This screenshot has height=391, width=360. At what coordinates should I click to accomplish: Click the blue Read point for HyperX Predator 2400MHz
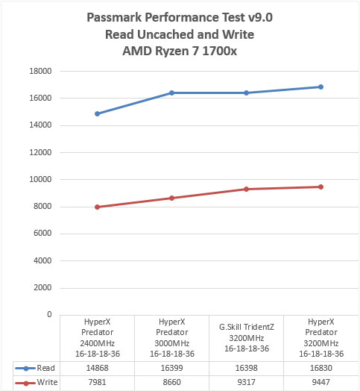tap(98, 113)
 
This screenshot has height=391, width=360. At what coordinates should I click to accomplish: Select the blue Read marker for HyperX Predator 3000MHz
tap(171, 93)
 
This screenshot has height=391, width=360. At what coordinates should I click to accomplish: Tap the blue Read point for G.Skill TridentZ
tap(247, 93)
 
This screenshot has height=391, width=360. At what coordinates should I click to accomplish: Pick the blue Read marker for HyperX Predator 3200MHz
tap(321, 87)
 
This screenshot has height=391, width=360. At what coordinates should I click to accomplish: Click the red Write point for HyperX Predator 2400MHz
tap(98, 207)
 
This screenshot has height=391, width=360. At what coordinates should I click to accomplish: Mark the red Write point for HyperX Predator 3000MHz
tap(171, 198)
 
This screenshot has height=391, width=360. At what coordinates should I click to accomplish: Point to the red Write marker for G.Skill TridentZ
tap(247, 189)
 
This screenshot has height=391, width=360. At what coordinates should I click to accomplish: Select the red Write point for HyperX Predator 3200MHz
tap(321, 187)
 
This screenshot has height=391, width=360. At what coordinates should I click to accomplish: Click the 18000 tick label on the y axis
tap(40, 71)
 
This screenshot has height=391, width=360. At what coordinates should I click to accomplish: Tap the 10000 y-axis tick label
tap(40, 179)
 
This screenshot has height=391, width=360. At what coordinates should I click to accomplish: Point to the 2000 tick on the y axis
tap(42, 287)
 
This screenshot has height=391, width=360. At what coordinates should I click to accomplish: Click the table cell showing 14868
tap(98, 368)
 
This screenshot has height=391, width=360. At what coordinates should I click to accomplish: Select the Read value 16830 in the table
tap(321, 368)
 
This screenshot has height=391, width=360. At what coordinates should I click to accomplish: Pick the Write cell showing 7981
tap(98, 382)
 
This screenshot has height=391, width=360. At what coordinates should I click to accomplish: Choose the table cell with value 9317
tap(247, 382)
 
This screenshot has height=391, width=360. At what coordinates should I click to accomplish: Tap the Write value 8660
tap(172, 382)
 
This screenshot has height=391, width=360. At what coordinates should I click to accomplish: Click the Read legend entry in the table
tap(35, 368)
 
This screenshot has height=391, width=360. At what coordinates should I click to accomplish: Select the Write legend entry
tap(37, 382)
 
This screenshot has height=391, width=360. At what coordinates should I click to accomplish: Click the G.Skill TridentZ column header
tap(247, 338)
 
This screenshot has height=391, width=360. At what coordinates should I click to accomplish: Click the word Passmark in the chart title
tap(114, 17)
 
